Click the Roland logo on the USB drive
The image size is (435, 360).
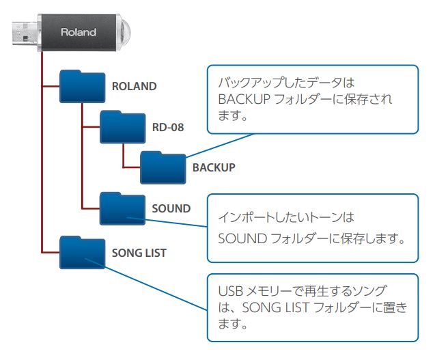point(79,32)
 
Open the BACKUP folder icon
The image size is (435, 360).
point(163,167)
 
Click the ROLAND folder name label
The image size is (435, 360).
point(134,87)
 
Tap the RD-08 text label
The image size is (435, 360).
point(168,127)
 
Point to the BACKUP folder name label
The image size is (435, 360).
point(214,167)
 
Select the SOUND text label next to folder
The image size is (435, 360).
point(171,208)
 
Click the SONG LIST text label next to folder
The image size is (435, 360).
point(139,253)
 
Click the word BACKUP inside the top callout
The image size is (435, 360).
point(240,100)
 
